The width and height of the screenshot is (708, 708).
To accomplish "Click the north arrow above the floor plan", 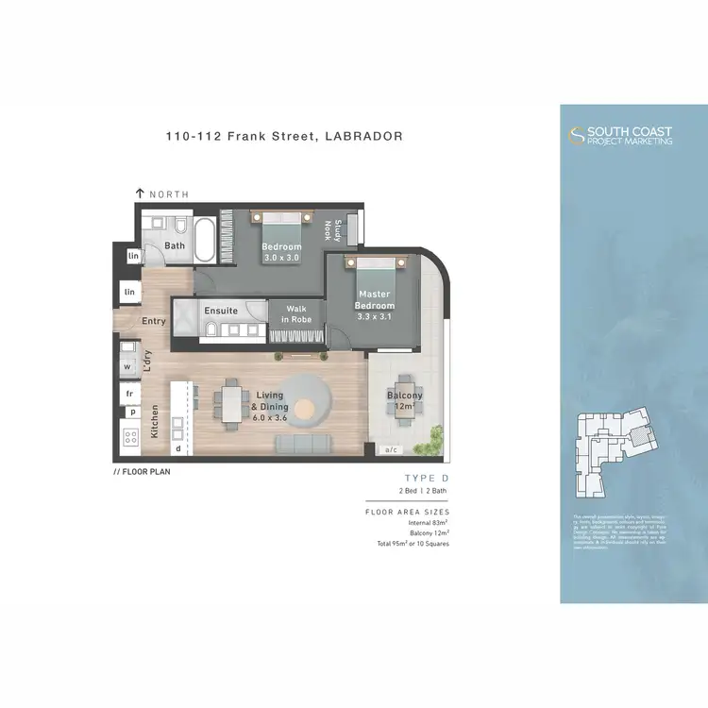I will (141, 194).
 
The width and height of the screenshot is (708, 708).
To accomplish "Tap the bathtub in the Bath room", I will (205, 238).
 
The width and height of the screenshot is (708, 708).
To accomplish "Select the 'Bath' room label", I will (175, 246).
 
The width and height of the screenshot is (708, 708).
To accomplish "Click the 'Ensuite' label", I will (221, 311).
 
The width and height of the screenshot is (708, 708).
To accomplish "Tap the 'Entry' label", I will (154, 321).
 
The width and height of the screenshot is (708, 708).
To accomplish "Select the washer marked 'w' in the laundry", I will (126, 365).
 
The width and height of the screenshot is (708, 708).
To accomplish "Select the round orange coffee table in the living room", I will (306, 408).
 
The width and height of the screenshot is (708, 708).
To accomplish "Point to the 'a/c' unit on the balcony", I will (390, 450).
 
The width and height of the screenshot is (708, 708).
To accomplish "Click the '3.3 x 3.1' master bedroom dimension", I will (374, 318).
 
